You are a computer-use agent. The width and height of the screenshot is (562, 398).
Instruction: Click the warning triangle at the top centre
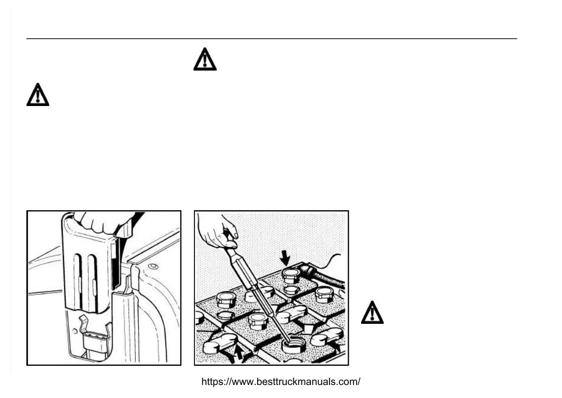pyautogui.click(x=205, y=59)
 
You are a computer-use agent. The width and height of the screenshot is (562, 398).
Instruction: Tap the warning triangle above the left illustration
pyautogui.click(x=38, y=95)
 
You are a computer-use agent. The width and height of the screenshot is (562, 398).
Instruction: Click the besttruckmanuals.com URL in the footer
pyautogui.click(x=281, y=382)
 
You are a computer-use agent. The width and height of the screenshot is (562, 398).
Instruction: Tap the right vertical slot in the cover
pyautogui.click(x=93, y=282)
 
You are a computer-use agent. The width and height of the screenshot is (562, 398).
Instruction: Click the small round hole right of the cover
pyautogui.click(x=154, y=267)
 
